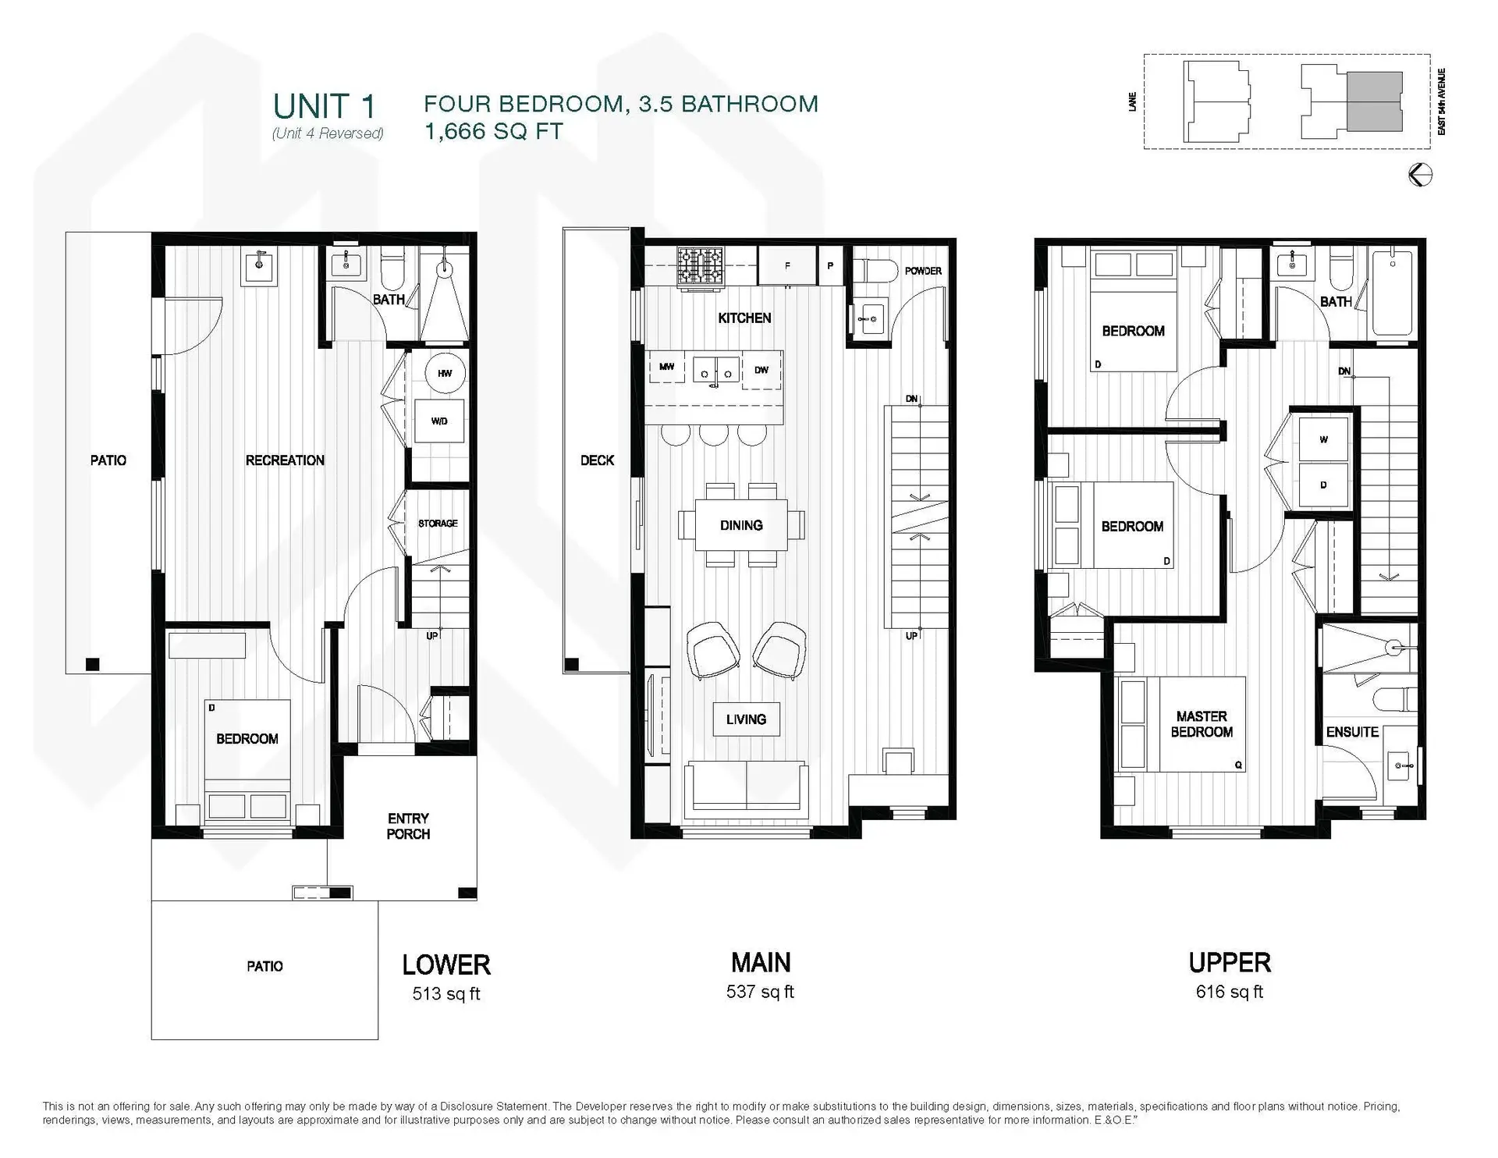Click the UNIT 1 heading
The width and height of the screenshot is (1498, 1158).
coord(324,106)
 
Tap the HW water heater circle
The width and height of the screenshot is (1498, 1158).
coord(444,374)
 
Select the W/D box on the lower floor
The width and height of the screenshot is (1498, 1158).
coord(439,421)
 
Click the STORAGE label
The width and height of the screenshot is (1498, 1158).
coord(438,524)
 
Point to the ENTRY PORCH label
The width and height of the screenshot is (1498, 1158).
coord(408,826)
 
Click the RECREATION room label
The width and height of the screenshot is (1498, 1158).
coord(285,460)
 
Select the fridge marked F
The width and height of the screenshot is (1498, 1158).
coord(787,266)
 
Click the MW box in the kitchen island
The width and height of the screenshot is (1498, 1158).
coord(666,367)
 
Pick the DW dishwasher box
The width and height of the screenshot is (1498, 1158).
coord(761,370)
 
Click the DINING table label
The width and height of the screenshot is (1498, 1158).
coord(741,525)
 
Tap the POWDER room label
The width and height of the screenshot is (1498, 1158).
coord(923,271)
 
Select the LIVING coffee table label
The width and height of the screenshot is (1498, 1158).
coord(746,719)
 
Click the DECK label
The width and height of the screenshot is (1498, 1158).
coord(597,460)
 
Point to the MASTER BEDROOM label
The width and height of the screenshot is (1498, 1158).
coord(1202,724)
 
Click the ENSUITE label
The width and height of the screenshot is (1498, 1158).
coord(1352,732)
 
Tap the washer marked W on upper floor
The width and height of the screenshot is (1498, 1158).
coord(1323,440)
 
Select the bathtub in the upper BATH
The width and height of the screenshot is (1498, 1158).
coord(1393,291)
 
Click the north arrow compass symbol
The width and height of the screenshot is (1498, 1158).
coord(1420,175)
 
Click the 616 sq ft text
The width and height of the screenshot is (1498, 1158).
coord(1229,992)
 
